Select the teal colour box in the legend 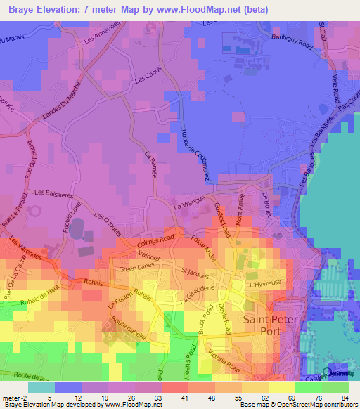41,387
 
